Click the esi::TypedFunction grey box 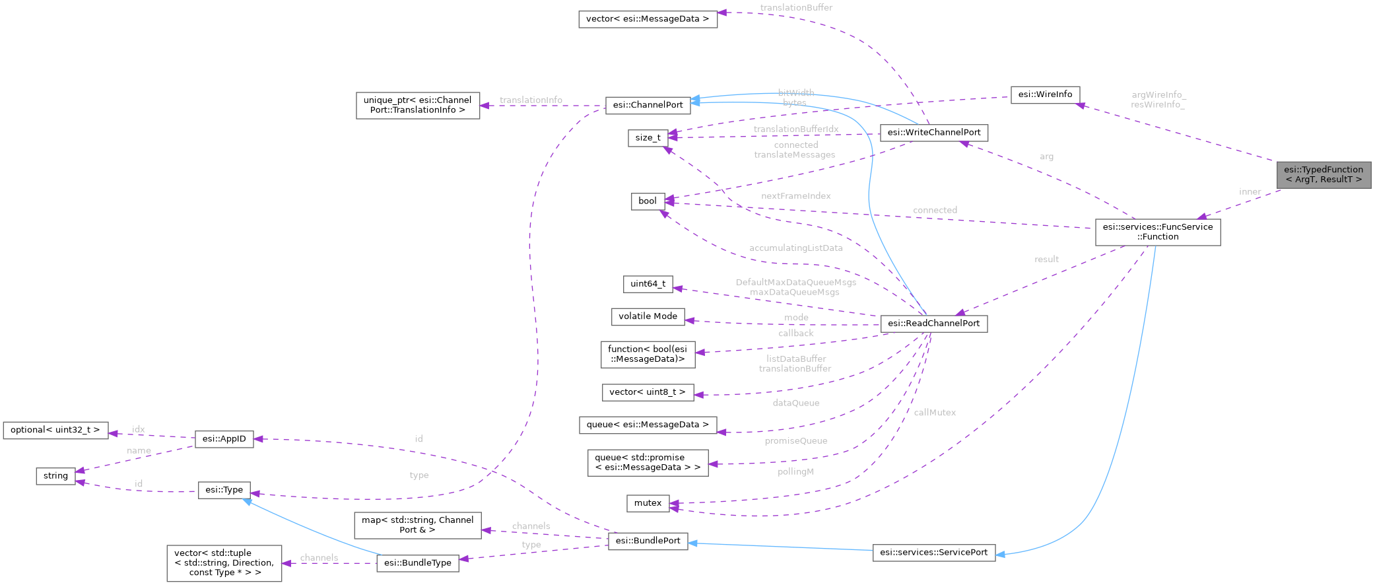coord(1323,174)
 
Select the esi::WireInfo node coord(1045,94)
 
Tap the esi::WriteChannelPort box coord(933,133)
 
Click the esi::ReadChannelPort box coord(933,324)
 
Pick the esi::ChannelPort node coord(648,105)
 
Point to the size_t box coord(648,138)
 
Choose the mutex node coord(648,503)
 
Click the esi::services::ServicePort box coord(933,553)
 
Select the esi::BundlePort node coord(648,541)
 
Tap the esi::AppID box coord(224,439)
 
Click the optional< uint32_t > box coord(55,430)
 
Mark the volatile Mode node coord(648,316)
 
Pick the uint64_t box coord(648,284)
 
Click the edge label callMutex coord(935,413)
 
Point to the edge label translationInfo coord(531,100)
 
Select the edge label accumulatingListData coord(795,248)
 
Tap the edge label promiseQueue coord(795,441)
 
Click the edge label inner coord(1250,192)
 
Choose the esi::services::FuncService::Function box coord(1157,232)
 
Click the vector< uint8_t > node coord(647,392)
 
